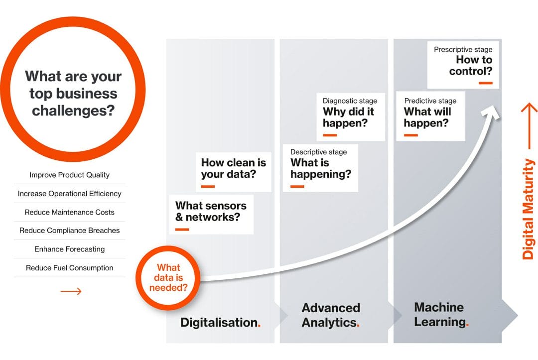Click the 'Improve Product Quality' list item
69,175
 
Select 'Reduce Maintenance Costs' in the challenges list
69,212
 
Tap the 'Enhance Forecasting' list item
69,249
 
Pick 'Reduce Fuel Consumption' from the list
69,268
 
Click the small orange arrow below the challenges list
71,291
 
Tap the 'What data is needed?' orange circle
168,278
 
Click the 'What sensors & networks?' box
211,215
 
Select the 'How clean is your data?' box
233,172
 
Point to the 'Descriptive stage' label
318,152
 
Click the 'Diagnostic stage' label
350,101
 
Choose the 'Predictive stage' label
430,101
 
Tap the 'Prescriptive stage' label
463,49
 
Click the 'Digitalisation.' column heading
220,322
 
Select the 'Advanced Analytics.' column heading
331,315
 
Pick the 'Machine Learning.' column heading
441,314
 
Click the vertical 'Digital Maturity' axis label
528,209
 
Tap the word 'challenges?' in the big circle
73,111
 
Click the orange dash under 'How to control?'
486,83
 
